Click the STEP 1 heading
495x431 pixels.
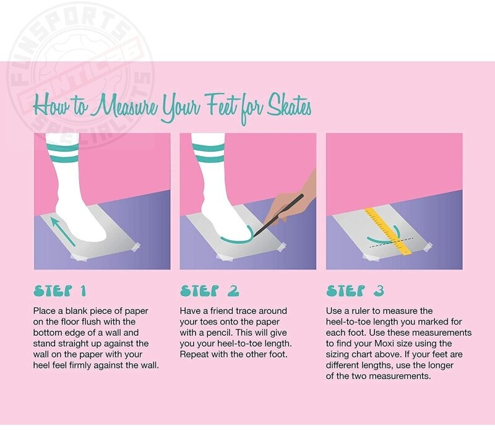(59, 291)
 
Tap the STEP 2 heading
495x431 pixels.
(209, 291)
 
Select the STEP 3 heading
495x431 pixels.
(355, 291)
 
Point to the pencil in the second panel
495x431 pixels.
(278, 215)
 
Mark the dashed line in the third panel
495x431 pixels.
(391, 242)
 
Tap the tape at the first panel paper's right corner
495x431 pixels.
(134, 247)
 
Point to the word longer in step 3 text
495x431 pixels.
(441, 365)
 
